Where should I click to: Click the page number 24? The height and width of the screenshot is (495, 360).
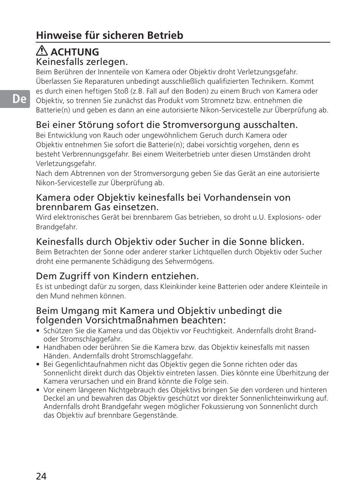click(42, 476)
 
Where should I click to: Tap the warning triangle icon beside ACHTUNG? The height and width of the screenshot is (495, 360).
click(42, 51)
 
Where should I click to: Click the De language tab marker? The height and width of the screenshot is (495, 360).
click(19, 99)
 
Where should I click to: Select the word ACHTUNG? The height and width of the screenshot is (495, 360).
click(75, 52)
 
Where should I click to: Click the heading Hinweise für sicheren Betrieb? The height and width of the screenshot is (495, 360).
click(109, 35)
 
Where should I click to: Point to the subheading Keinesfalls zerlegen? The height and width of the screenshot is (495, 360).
click(82, 61)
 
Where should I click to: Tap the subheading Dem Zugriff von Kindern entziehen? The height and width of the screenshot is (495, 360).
click(117, 276)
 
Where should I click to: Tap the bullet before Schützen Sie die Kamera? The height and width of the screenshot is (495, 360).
click(38, 331)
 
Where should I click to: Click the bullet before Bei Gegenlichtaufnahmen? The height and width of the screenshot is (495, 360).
click(38, 364)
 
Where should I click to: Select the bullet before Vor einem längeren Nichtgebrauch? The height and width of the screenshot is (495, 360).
click(38, 390)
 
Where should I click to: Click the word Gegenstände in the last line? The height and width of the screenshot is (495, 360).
click(155, 415)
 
